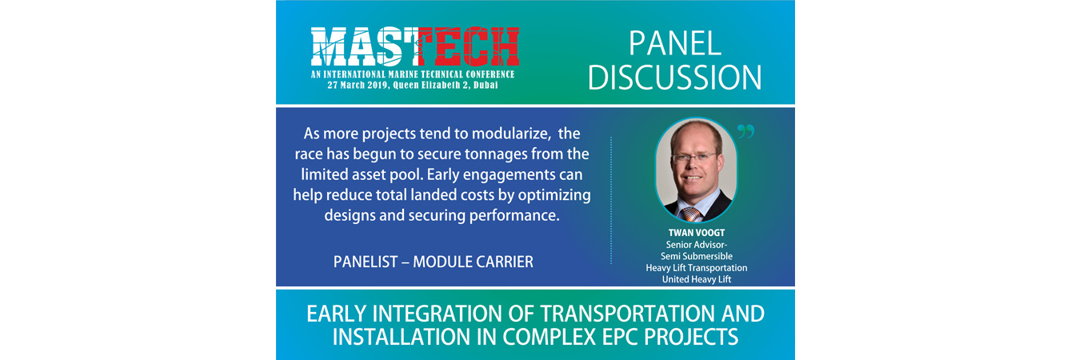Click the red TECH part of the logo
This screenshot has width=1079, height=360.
click(x=469, y=46)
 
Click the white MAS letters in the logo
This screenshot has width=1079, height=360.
click(x=364, y=46)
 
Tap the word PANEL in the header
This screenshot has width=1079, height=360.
click(x=675, y=44)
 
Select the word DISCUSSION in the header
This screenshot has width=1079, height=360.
click(x=675, y=78)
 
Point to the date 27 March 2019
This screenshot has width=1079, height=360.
click(x=358, y=86)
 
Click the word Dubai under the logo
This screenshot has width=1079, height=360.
click(x=486, y=86)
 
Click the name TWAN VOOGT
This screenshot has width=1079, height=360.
click(x=697, y=233)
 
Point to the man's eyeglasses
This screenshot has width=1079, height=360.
click(x=694, y=157)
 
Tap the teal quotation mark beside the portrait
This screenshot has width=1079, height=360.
click(x=745, y=131)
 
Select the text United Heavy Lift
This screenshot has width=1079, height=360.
click(x=697, y=279)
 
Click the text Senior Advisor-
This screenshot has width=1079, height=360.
click(x=697, y=245)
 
